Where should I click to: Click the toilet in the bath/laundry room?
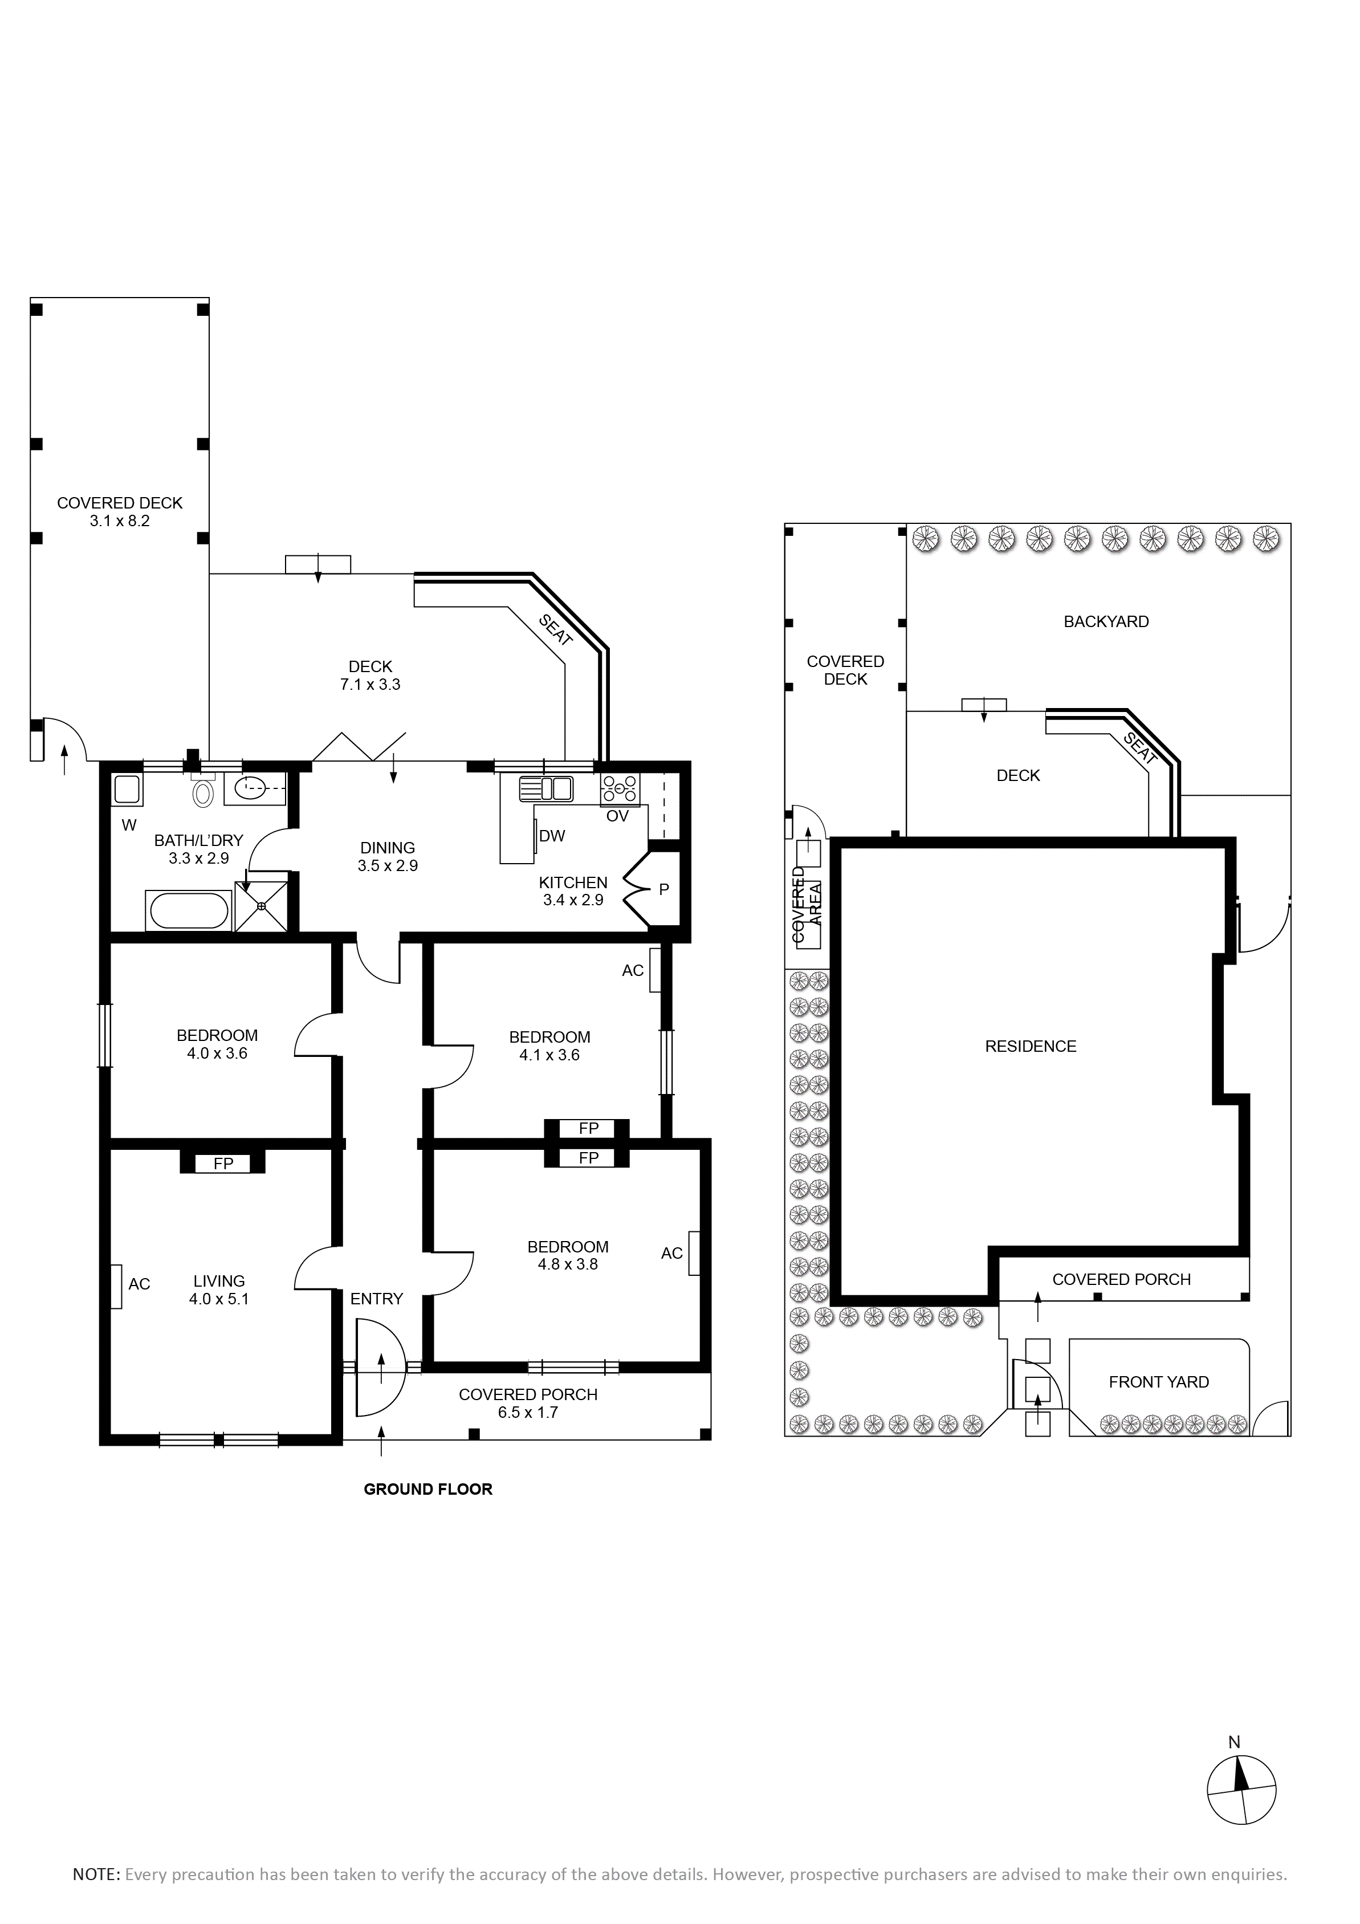click(x=203, y=790)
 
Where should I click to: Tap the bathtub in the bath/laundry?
click(x=189, y=911)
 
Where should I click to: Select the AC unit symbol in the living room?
click(x=116, y=1284)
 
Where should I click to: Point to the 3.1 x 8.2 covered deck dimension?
click(x=120, y=520)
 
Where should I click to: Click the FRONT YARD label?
click(x=1159, y=1382)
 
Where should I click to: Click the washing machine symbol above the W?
click(x=127, y=790)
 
